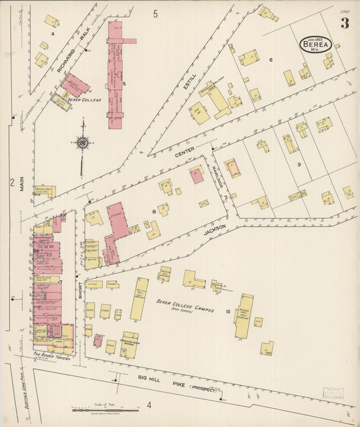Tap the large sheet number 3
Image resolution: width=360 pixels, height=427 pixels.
pos(344,24)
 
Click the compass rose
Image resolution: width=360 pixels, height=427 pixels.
pos(82,143)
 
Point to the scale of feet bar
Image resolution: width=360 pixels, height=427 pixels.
pos(101,409)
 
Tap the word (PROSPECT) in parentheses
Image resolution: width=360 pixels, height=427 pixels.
pos(205,388)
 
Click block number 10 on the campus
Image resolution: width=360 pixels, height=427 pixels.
pos(228,311)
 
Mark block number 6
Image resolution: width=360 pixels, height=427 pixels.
pos(271,60)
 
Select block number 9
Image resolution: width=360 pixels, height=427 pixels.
pos(297,164)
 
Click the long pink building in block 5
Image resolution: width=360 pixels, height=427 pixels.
pos(115,74)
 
